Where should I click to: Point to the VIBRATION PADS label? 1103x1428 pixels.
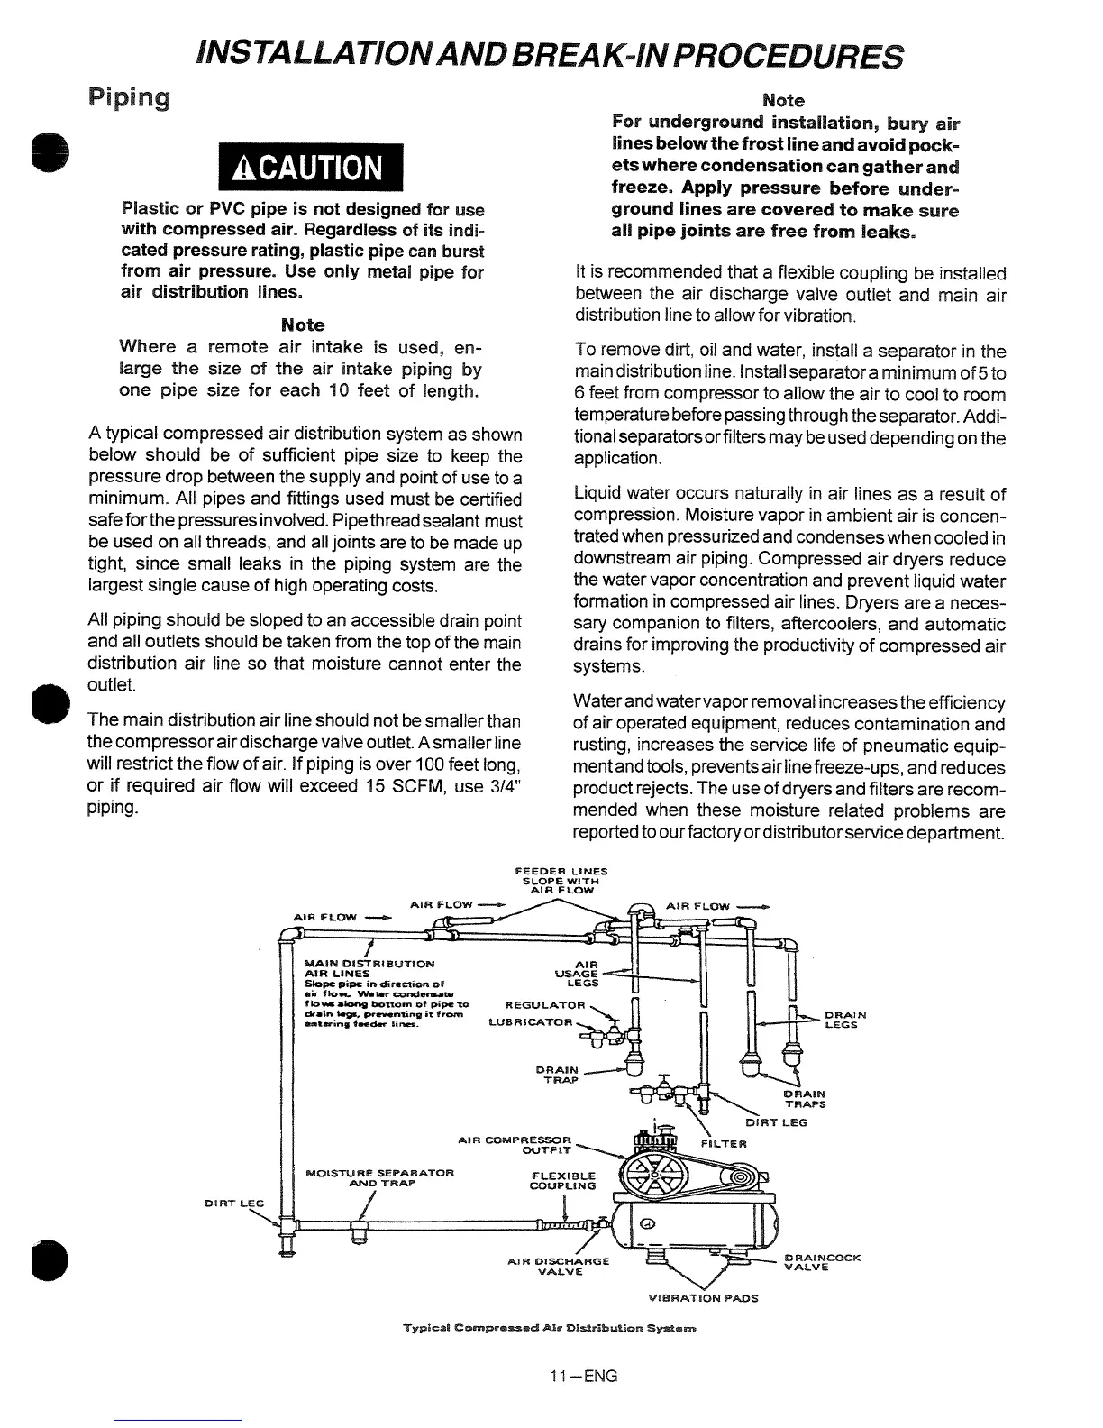point(703,1298)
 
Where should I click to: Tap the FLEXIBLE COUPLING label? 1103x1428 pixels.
point(564,1180)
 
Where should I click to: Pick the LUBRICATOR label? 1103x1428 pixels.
point(530,1022)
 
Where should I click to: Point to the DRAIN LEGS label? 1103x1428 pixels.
point(844,1020)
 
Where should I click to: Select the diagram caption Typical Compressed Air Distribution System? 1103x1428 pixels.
point(550,1329)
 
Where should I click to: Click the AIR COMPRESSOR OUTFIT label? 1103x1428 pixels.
point(528,1144)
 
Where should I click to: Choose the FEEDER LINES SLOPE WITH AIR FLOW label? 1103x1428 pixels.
point(561,880)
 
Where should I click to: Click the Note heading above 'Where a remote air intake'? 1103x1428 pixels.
point(303,325)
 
